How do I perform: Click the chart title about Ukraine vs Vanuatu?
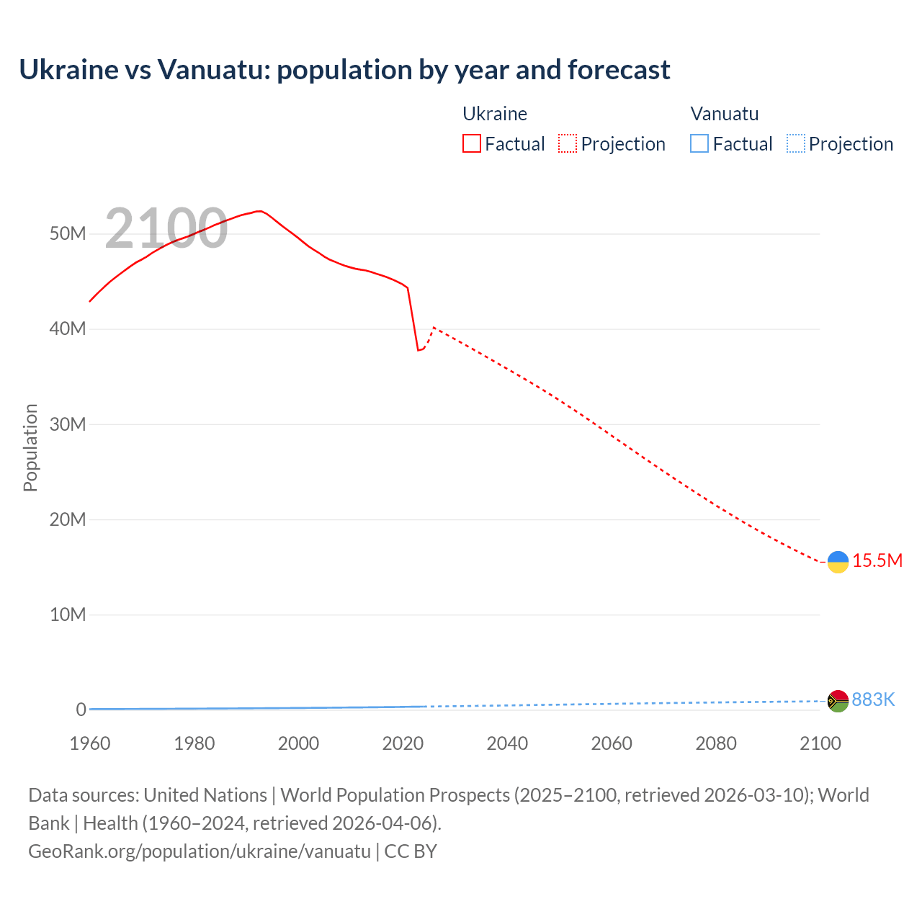coord(344,70)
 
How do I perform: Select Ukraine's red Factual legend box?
coord(471,143)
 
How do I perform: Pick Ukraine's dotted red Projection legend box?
coord(568,143)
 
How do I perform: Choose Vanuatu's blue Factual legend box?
coord(699,143)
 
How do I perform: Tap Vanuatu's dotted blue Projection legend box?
coord(795,143)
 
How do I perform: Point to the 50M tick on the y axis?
coord(68,233)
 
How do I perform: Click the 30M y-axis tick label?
coord(68,424)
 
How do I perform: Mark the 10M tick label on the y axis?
coord(68,614)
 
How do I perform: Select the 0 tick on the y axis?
coord(81,710)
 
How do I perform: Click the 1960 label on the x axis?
coord(90,743)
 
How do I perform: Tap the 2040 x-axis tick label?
coord(507,743)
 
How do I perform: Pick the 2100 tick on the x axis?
coord(820,743)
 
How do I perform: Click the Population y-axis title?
coord(30,447)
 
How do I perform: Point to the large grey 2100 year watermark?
coord(166,228)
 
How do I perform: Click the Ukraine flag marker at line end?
coord(838,562)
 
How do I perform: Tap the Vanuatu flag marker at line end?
coord(838,700)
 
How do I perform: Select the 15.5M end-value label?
coord(877,560)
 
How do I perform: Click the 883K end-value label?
coord(873,699)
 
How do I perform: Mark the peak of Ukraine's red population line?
coord(259,211)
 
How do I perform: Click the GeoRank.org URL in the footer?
coord(200,851)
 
